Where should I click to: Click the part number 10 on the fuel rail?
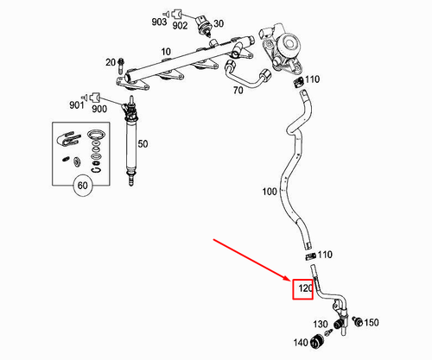click(167, 51)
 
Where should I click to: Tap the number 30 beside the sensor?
click(219, 23)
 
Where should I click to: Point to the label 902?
click(180, 26)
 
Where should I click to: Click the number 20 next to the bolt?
click(110, 62)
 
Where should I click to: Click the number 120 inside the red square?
click(304, 288)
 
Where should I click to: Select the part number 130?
click(321, 324)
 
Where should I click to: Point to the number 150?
click(372, 323)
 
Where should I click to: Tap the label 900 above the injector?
click(98, 109)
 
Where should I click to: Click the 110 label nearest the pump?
click(312, 79)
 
